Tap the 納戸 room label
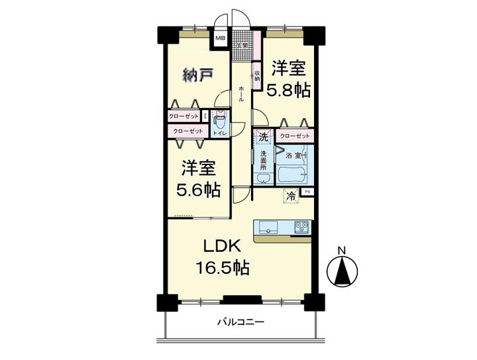[197, 75]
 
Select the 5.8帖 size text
[288, 90]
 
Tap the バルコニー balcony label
[242, 322]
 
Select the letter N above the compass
[341, 250]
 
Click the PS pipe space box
[306, 192]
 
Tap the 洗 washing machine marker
[263, 138]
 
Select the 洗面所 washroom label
[263, 162]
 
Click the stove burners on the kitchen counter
[301, 227]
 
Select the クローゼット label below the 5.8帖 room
[294, 136]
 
